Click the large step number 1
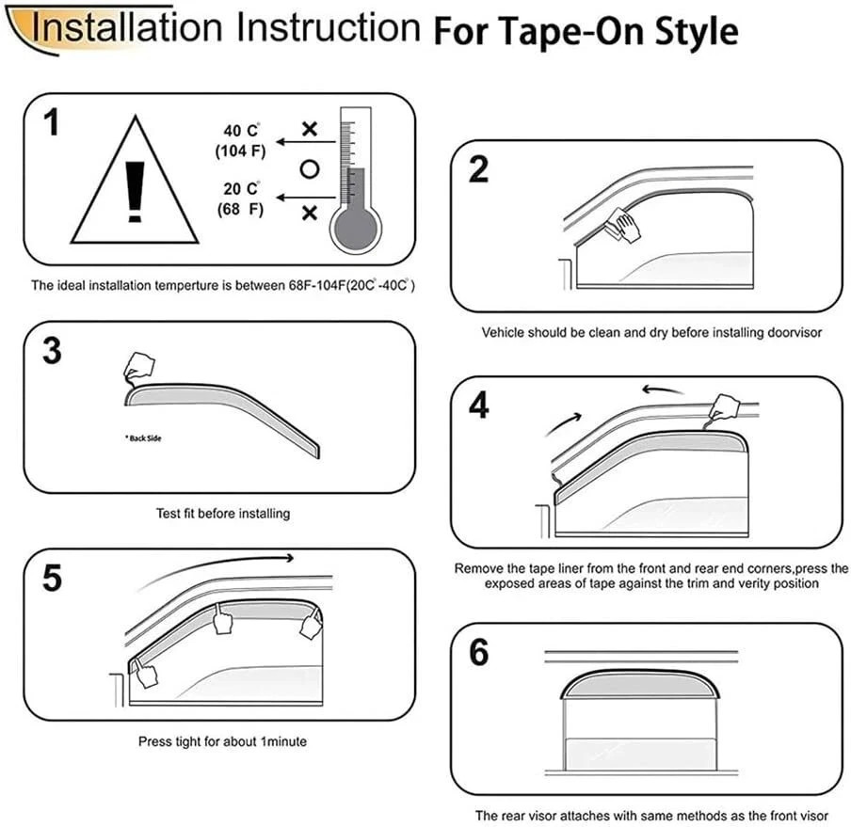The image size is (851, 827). (51, 123)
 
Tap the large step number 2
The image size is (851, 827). (478, 170)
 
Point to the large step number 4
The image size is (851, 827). (478, 405)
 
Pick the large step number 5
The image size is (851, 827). (52, 578)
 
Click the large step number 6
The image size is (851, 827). (478, 651)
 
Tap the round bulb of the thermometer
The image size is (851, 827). (354, 225)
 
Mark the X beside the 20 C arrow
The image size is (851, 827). (309, 214)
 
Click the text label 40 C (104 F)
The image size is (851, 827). (240, 140)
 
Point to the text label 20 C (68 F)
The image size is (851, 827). (240, 198)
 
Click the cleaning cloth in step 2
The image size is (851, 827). (620, 224)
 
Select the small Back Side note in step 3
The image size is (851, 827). (143, 437)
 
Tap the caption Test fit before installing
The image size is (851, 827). (222, 514)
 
